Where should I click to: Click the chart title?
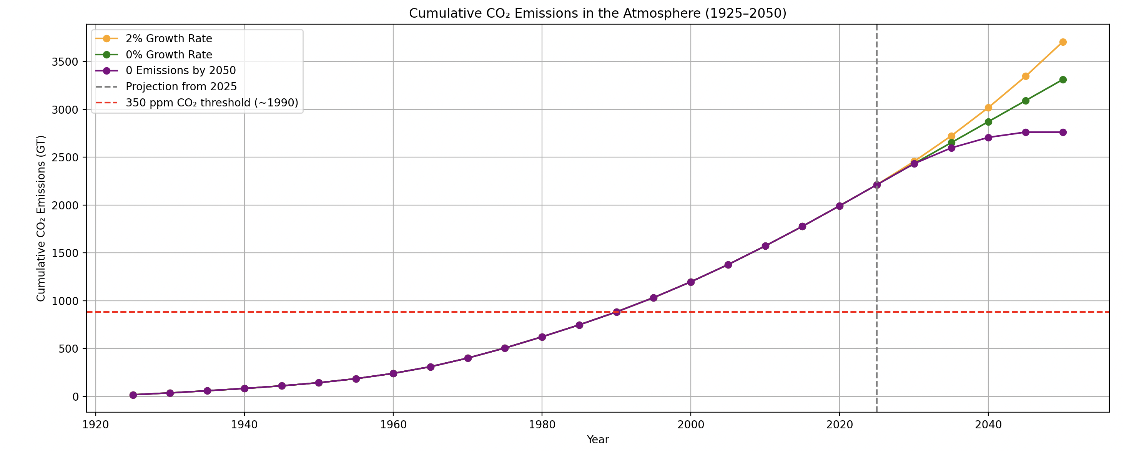point(597,13)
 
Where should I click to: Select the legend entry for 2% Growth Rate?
point(168,39)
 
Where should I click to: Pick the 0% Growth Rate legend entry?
point(168,55)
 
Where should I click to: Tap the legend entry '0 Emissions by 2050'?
point(180,71)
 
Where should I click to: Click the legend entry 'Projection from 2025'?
point(181,87)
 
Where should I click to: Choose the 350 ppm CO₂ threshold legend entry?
point(212,103)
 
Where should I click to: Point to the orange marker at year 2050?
point(1063,42)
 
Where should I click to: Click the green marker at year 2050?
point(1063,80)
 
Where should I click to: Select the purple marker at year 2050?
point(1063,132)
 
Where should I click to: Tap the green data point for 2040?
point(988,122)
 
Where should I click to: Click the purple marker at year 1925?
point(133,395)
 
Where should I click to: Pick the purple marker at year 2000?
point(691,282)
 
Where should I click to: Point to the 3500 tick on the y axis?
point(65,62)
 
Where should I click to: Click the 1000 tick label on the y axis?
point(65,301)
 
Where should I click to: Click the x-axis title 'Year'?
point(597,439)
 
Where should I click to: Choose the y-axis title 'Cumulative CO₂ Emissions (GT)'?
point(41,218)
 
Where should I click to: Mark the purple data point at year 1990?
point(617,312)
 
